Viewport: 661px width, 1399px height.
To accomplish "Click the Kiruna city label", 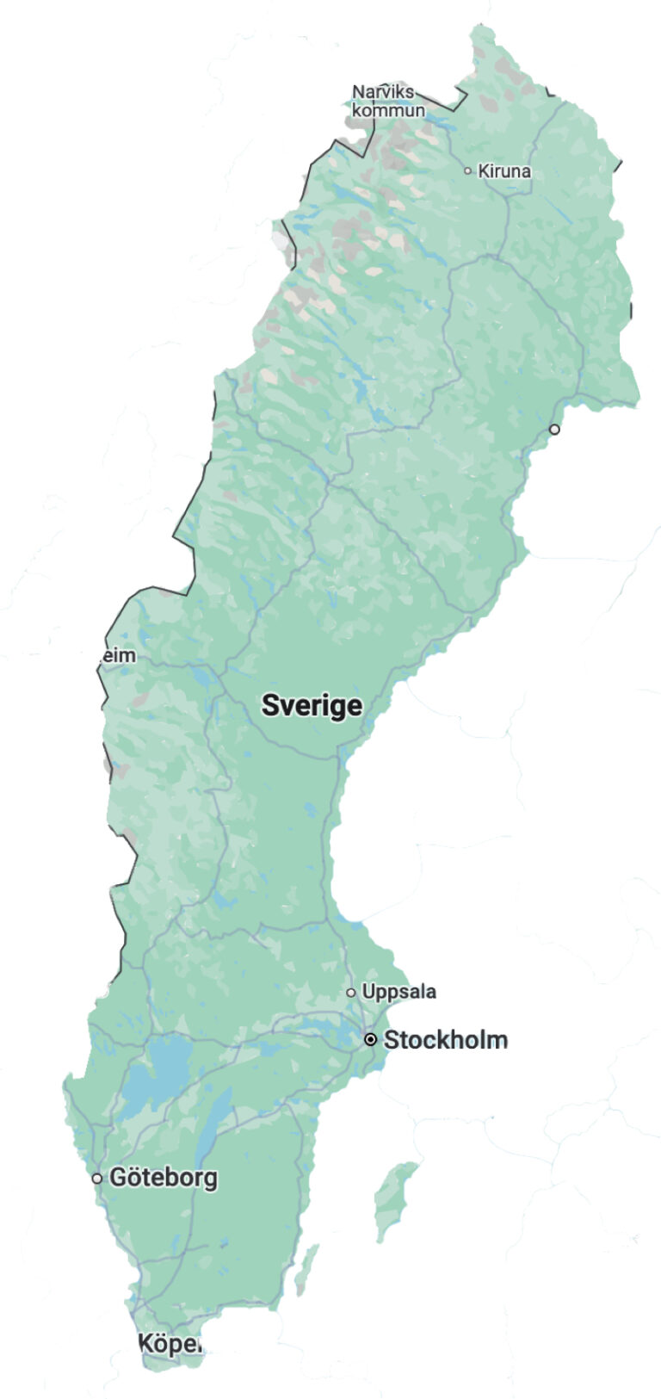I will click(504, 171).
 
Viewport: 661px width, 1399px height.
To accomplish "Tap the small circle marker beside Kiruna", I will click(468, 170).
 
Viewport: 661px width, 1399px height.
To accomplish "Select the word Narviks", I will click(383, 92).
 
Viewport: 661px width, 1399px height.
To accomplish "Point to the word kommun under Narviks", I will click(388, 110).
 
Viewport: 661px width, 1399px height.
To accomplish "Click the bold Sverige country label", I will click(312, 706).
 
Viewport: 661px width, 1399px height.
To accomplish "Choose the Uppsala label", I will click(398, 992).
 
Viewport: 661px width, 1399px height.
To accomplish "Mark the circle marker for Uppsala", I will click(351, 993).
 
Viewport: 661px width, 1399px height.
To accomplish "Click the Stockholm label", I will click(445, 1040).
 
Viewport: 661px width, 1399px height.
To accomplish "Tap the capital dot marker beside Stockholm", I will click(371, 1040).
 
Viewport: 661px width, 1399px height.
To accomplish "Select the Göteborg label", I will click(164, 1178).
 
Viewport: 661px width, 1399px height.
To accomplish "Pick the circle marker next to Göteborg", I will click(97, 1179).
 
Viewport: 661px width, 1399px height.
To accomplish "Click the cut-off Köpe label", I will click(170, 1343).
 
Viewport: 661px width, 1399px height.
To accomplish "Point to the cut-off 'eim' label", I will click(119, 656).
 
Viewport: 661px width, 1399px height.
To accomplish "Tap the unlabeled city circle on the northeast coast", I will click(554, 429).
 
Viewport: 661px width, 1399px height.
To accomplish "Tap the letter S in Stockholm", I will click(392, 1040).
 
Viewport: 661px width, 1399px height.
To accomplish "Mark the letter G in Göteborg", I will click(119, 1178).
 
